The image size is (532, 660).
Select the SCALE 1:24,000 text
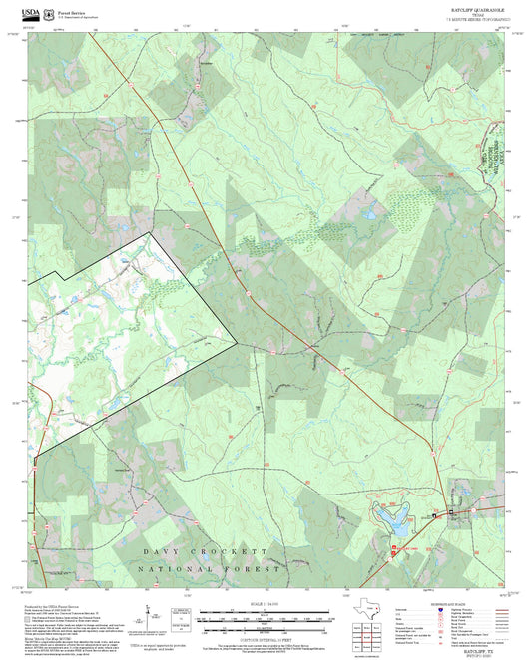266,604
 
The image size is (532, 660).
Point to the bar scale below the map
266,618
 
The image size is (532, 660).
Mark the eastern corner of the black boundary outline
237,343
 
